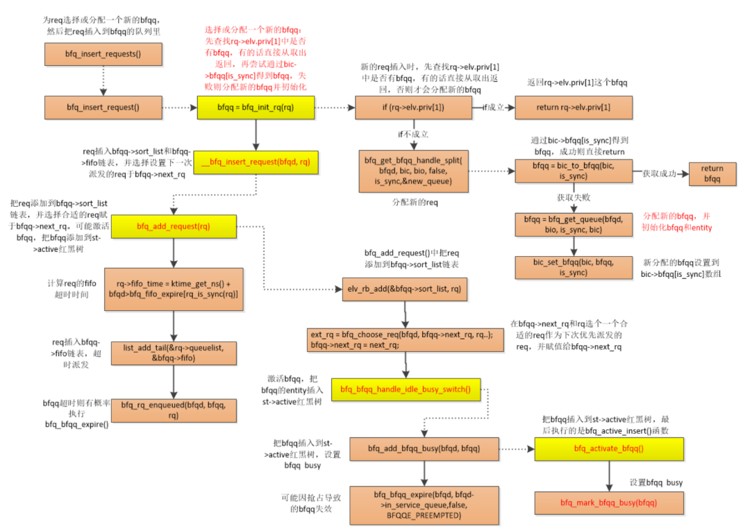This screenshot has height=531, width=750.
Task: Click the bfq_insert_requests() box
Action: point(103,54)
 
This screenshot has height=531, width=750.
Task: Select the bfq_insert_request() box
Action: point(103,108)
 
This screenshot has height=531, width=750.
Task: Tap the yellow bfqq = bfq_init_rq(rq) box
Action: point(256,108)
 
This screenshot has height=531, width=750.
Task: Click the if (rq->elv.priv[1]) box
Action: point(413,108)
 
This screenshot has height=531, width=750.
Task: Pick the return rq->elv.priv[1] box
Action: point(574,108)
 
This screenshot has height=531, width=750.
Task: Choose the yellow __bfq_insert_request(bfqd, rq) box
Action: point(256,162)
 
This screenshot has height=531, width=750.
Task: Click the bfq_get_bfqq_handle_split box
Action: point(414,170)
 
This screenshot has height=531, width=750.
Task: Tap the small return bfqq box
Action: point(712,174)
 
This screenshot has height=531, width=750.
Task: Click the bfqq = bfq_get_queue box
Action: point(574,225)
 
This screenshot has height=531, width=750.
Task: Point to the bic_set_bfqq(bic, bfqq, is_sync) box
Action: point(574,268)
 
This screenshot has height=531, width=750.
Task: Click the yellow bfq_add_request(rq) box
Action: point(174,226)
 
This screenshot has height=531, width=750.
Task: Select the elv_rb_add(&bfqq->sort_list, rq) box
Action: point(403,288)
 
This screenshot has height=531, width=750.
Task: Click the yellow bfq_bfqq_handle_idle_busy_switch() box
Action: point(406,390)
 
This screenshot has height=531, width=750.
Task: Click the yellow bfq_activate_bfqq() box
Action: point(608,449)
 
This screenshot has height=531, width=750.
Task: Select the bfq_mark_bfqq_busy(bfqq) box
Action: point(608,502)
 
